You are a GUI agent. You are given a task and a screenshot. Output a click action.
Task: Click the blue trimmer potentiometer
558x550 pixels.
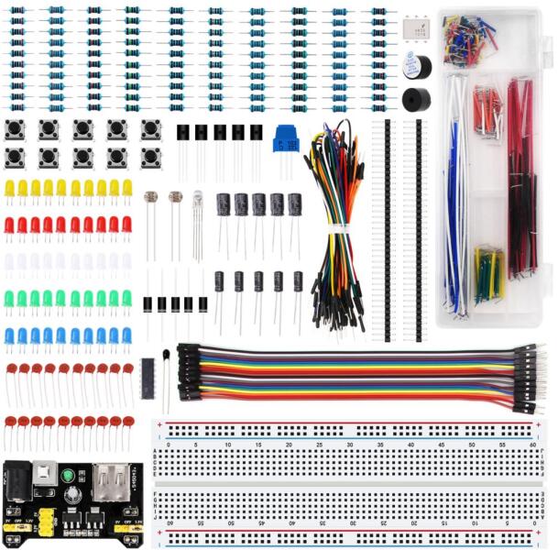click(286, 140)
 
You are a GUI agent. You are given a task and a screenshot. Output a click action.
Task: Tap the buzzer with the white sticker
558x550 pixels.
click(417, 66)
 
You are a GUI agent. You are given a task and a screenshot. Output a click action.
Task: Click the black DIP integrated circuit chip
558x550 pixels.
click(147, 378)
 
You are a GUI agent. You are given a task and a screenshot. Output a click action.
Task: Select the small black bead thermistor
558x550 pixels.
click(166, 355)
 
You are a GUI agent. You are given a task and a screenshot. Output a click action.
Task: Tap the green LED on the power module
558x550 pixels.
click(69, 476)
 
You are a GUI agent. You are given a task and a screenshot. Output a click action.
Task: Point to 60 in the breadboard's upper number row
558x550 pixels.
click(532, 445)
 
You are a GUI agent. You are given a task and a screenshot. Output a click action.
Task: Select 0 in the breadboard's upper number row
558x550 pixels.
click(168, 445)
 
